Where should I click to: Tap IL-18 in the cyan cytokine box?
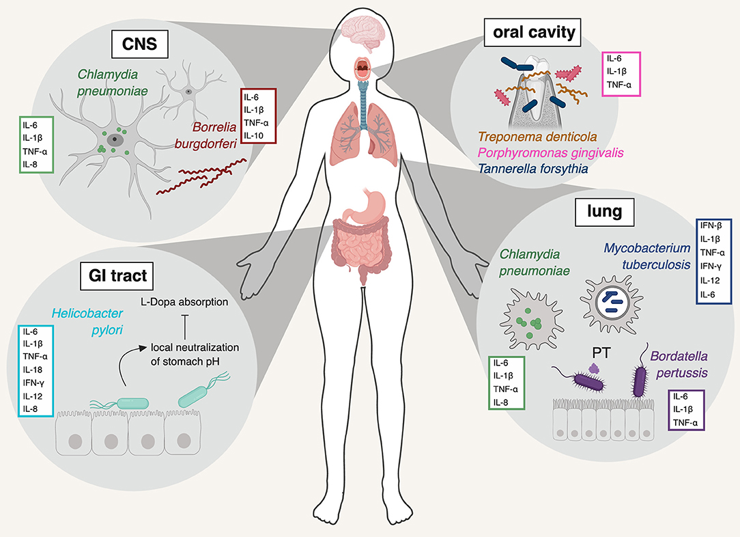tap(30, 369)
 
